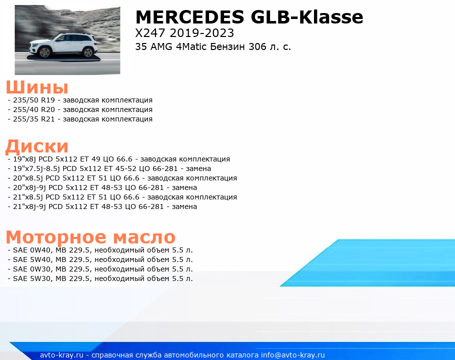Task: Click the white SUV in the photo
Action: (63, 45)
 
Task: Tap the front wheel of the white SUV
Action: (44, 52)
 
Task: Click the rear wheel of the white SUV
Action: (87, 52)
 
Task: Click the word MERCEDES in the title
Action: (190, 17)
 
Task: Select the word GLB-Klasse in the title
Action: (307, 17)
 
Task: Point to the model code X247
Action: (150, 33)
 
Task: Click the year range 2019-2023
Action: (202, 33)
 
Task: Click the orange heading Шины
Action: (37, 87)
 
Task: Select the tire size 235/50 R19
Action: (34, 100)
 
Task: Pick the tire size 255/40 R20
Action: (34, 109)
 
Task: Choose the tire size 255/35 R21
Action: (34, 119)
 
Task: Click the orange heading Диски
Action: (37, 146)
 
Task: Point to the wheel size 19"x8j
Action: (24, 159)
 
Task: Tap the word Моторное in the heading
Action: (56, 237)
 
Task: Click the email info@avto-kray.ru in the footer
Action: (293, 355)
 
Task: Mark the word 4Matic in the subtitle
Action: (191, 46)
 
